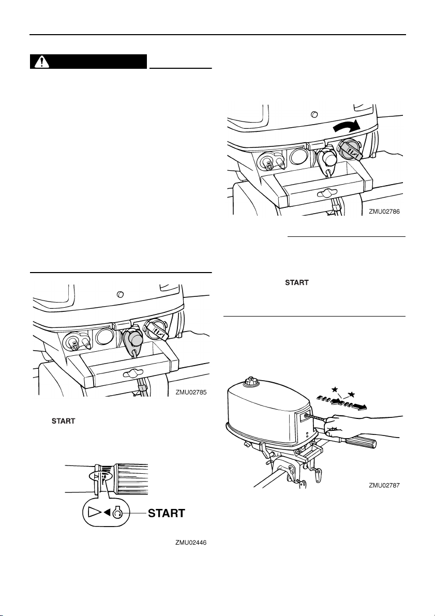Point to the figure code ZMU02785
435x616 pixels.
pyautogui.click(x=191, y=393)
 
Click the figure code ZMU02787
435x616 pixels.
pyautogui.click(x=385, y=486)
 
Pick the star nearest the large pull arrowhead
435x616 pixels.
pyautogui.click(x=352, y=395)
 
